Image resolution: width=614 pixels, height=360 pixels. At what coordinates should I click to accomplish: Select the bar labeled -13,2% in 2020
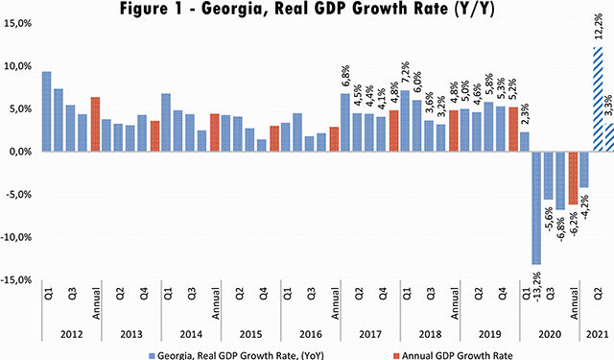click(536, 207)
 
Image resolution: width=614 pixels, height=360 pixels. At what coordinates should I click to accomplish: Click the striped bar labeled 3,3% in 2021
click(608, 136)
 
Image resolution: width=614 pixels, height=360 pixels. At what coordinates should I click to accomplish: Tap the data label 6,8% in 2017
click(344, 79)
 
